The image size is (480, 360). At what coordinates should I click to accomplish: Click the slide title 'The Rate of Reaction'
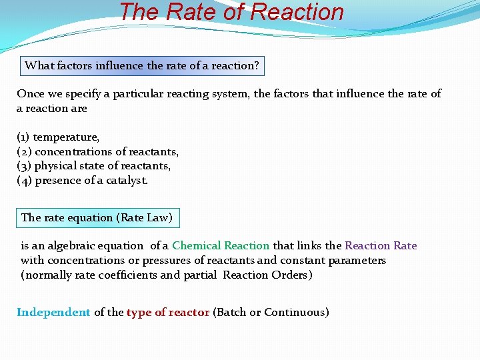(x=231, y=12)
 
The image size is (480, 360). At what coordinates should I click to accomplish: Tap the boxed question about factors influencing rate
(x=142, y=66)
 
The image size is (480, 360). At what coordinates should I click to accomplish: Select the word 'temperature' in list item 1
(x=66, y=137)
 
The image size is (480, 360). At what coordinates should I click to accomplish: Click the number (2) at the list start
(x=24, y=152)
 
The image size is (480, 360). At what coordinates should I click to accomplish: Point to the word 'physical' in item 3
(x=55, y=166)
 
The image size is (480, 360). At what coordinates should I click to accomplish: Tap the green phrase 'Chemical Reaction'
(x=221, y=246)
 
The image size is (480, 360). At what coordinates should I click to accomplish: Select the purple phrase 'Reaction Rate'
(x=381, y=246)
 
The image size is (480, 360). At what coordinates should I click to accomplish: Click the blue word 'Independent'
(x=53, y=313)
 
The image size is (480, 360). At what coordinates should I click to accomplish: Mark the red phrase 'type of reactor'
(x=168, y=313)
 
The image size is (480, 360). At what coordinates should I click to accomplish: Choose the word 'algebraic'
(x=118, y=246)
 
